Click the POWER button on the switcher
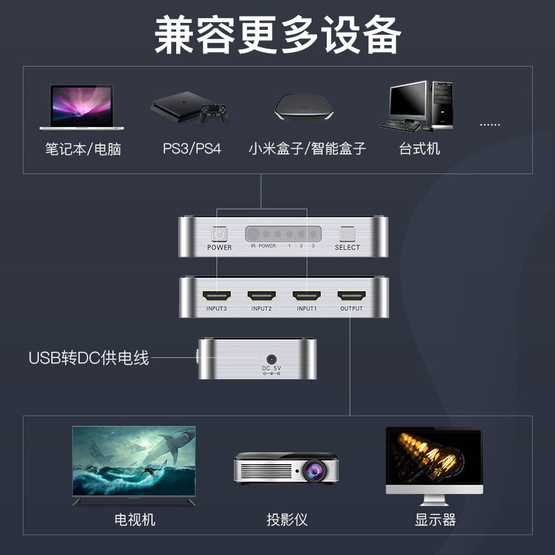tap(219, 235)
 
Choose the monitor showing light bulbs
tap(434, 459)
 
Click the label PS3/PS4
tap(192, 148)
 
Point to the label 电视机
tap(135, 520)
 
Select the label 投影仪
tap(287, 520)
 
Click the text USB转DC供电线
tap(89, 359)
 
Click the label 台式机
tap(420, 148)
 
